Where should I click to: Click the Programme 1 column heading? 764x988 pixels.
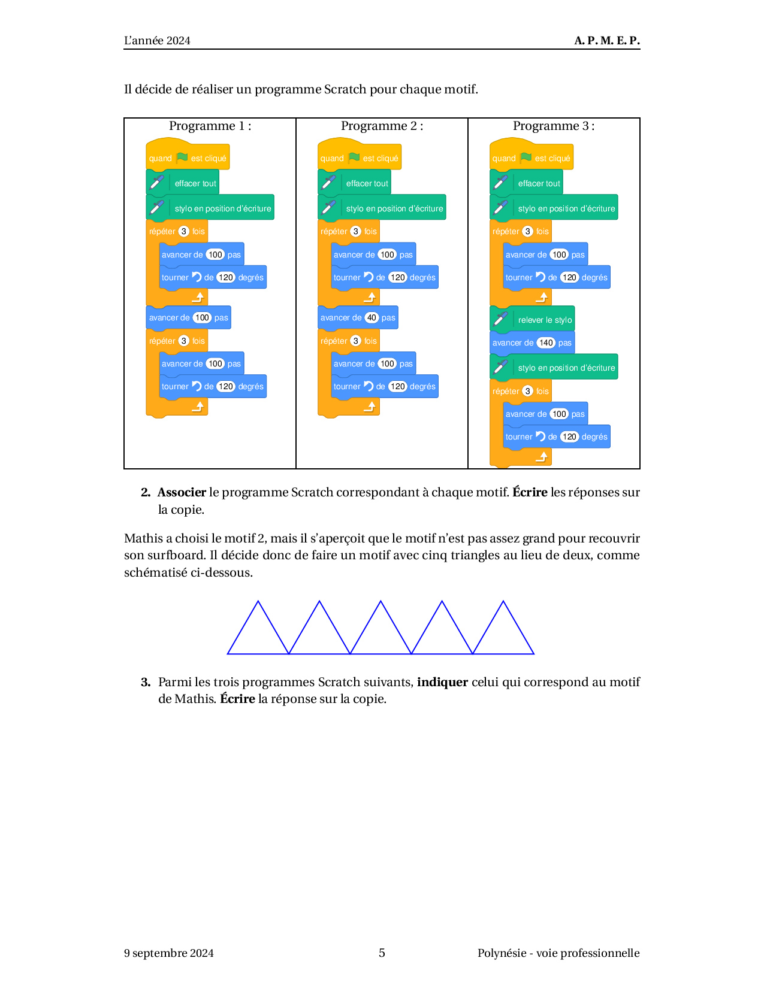210,126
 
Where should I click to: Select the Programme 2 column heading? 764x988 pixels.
382,126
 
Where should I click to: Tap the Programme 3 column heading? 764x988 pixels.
553,126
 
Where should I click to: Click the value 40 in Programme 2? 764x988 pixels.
372,317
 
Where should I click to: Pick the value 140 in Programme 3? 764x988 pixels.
545,343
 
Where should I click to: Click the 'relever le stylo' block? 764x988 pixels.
532,319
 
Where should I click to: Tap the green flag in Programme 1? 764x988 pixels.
182,157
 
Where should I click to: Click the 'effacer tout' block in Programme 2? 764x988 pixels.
354,182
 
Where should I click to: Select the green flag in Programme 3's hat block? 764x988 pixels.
526,157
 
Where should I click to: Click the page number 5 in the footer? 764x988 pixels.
382,953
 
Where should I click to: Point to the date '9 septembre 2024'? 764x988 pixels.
169,953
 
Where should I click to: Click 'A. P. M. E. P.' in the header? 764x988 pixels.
606,41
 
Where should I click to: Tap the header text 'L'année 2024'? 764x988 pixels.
157,41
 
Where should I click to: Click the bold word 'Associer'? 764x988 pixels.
182,492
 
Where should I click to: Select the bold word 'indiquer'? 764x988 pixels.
442,681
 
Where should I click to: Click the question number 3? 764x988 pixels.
146,682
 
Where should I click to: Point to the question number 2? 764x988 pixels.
146,492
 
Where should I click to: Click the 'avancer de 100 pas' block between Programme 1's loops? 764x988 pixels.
188,317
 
